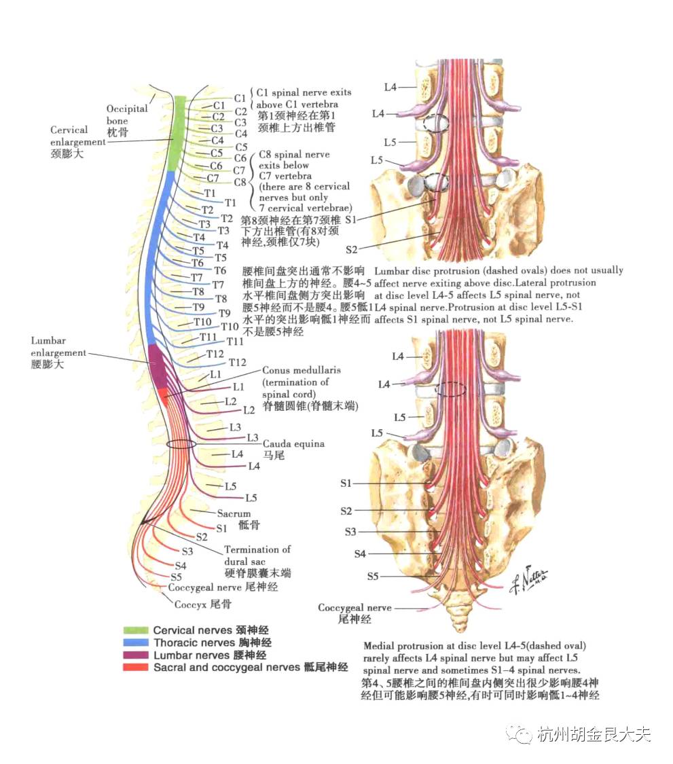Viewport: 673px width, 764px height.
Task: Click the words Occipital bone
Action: pyautogui.click(x=126, y=115)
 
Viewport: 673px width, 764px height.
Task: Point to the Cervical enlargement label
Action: pyautogui.click(x=69, y=136)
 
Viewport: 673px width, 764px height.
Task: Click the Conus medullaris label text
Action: pyautogui.click(x=301, y=371)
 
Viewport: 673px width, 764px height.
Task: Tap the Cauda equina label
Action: pyautogui.click(x=293, y=443)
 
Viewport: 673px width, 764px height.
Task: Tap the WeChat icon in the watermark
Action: pyautogui.click(x=523, y=734)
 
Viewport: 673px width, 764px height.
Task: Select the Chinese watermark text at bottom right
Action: pyautogui.click(x=593, y=734)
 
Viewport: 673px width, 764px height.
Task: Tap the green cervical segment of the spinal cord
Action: pyautogui.click(x=179, y=132)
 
